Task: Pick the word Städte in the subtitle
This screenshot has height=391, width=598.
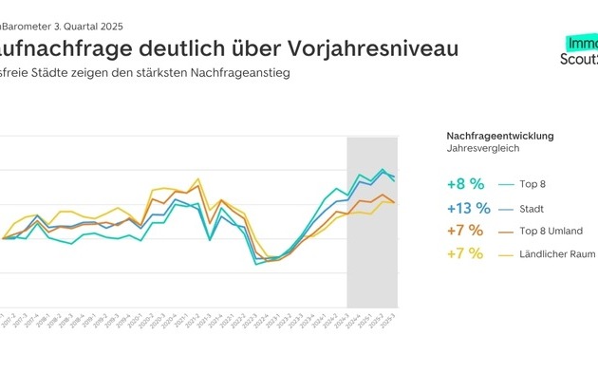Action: pos(62,74)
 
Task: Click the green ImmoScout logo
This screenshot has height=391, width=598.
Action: pos(580,49)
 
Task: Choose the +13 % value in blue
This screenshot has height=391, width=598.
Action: pos(468,208)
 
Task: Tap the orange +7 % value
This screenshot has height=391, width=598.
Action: pos(465,231)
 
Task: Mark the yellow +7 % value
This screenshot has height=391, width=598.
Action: pos(465,253)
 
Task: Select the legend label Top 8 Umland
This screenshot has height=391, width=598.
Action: pos(551,232)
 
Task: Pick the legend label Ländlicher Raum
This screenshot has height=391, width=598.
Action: pos(557,254)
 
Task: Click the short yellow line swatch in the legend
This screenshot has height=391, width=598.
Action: pos(506,254)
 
